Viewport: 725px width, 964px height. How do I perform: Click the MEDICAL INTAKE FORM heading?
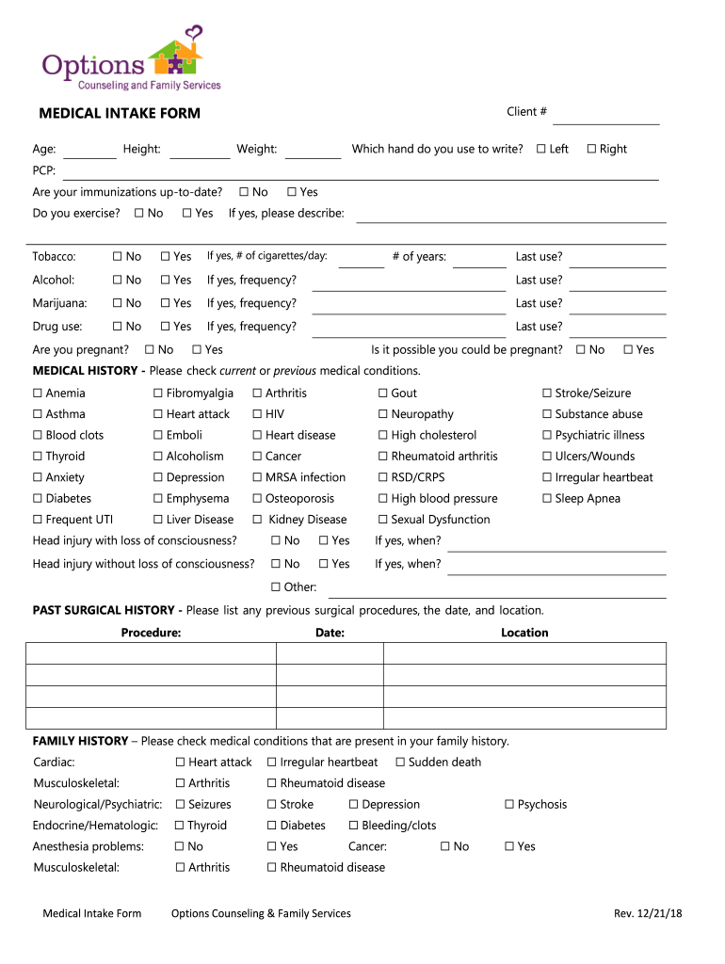tap(120, 114)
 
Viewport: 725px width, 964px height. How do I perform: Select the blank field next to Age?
tap(89, 151)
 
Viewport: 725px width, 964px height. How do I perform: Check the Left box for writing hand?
tap(541, 149)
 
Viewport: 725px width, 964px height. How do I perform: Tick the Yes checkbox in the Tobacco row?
tap(165, 257)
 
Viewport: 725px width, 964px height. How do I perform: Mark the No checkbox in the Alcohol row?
tap(117, 281)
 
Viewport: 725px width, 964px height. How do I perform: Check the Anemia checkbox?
tap(38, 394)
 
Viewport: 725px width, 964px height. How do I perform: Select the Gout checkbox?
tap(383, 394)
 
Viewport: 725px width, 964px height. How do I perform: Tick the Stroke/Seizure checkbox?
tap(547, 394)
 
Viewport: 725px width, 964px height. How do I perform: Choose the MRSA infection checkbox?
tap(257, 478)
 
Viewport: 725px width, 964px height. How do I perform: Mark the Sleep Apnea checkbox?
tap(547, 499)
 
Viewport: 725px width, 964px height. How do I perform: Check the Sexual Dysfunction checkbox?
tap(383, 520)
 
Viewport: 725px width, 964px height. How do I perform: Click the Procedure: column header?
tap(151, 633)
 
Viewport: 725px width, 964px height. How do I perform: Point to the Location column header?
tap(524, 633)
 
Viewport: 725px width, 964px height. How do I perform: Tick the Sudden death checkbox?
tap(400, 763)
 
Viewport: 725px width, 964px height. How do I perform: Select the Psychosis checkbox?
tap(509, 805)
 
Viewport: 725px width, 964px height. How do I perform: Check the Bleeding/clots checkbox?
tap(354, 826)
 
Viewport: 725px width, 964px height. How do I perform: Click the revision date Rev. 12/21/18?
tap(647, 914)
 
